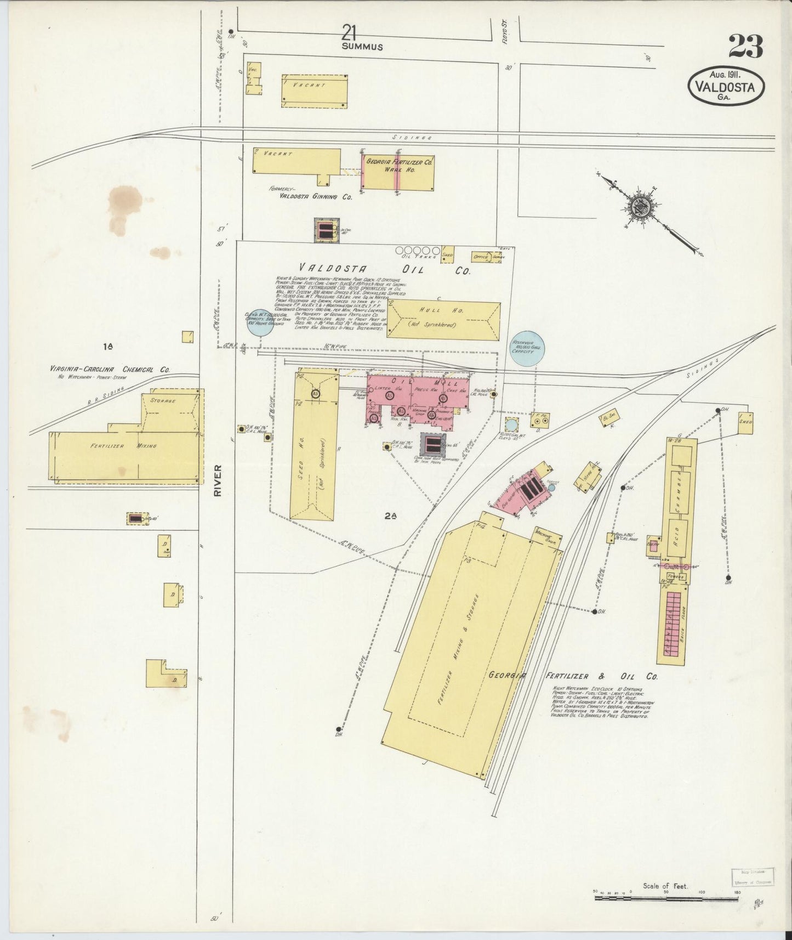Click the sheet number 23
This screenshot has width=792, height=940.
(x=745, y=47)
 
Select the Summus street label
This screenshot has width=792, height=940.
(x=362, y=47)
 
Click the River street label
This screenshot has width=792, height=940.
(x=218, y=481)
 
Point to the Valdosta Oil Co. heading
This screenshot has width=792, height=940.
(x=383, y=269)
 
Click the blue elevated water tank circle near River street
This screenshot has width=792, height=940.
(x=261, y=321)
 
